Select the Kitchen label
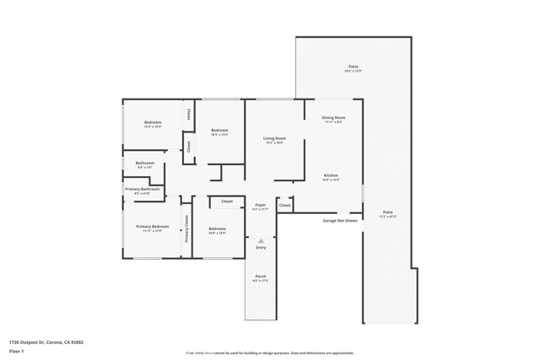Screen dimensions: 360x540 tap(331, 176)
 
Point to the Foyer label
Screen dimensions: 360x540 tap(261, 206)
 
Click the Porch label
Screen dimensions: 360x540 tap(261, 277)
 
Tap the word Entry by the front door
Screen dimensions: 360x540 tap(261, 247)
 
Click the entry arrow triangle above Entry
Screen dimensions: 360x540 tap(261, 239)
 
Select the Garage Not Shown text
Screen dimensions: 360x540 tap(340, 221)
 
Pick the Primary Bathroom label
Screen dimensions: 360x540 tap(143, 190)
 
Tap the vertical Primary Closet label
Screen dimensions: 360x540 tap(187, 229)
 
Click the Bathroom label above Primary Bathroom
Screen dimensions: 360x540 tap(145, 164)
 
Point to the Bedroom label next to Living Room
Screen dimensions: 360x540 tap(219, 131)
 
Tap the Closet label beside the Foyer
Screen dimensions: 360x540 tap(285, 205)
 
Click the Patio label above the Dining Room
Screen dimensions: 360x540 tap(353, 67)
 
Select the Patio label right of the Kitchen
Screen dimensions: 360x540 tap(387, 213)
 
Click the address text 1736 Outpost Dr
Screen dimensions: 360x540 tap(46, 342)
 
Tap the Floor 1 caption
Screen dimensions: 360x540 tap(17, 351)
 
